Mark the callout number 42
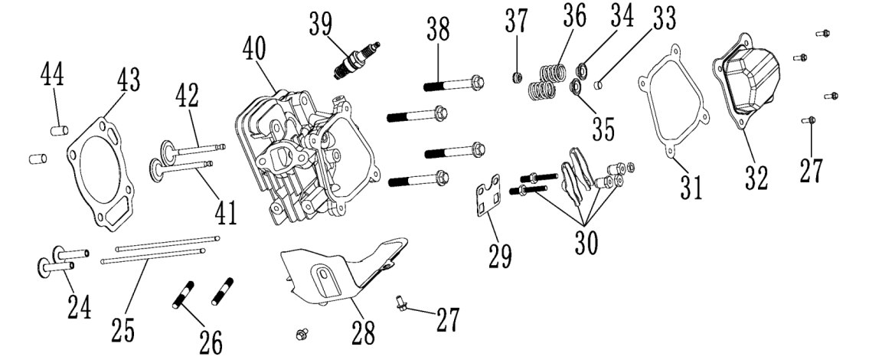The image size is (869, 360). (186, 96)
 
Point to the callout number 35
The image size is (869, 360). (603, 129)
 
